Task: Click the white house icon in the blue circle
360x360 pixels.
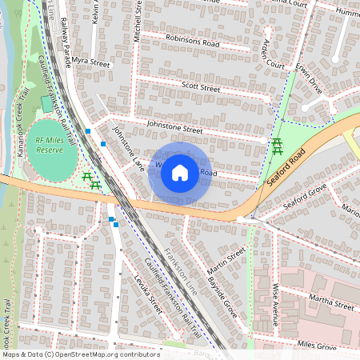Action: [180, 172]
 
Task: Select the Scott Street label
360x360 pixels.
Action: [200, 87]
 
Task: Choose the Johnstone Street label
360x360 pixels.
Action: [174, 127]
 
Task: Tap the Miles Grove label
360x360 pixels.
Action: [317, 346]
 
